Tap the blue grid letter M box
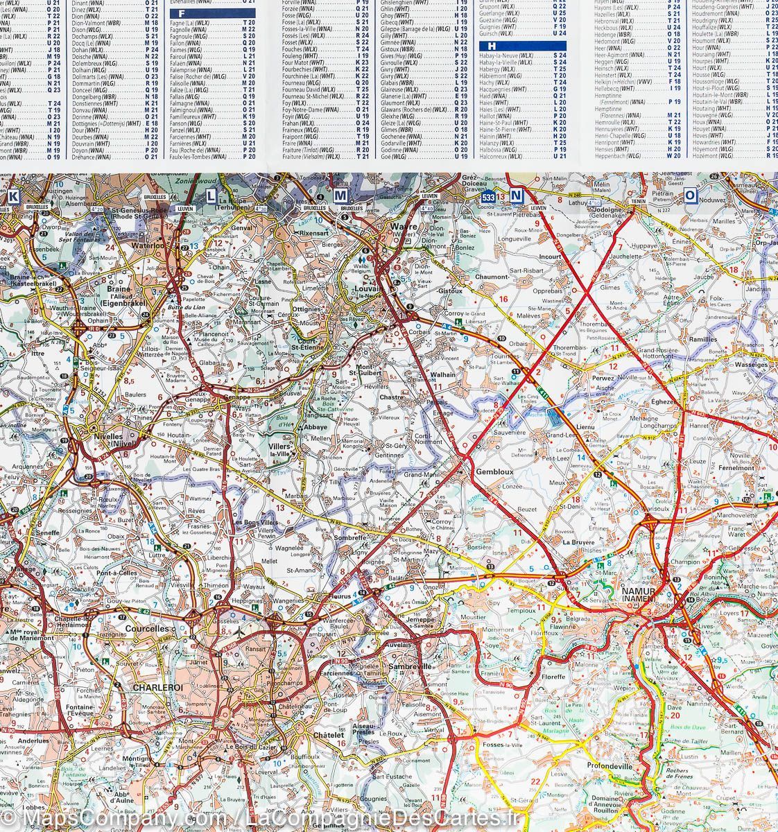point(340,196)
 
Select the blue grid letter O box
point(690,196)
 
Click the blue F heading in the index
point(182,14)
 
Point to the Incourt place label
point(550,256)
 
